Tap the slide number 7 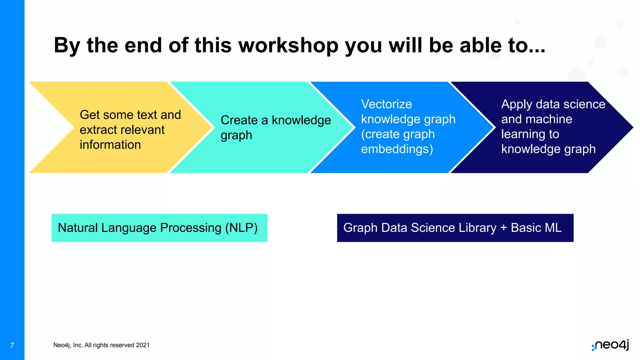click(12, 345)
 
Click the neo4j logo click(611, 345)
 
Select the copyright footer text click(101, 345)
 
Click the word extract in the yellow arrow click(99, 130)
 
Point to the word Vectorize click(386, 104)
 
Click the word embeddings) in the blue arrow click(397, 149)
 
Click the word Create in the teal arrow click(239, 120)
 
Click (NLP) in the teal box click(241, 228)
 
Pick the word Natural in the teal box click(78, 228)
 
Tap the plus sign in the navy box click(503, 228)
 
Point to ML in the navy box click(553, 228)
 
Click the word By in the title click(67, 46)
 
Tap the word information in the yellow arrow click(110, 145)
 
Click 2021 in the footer click(143, 345)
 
